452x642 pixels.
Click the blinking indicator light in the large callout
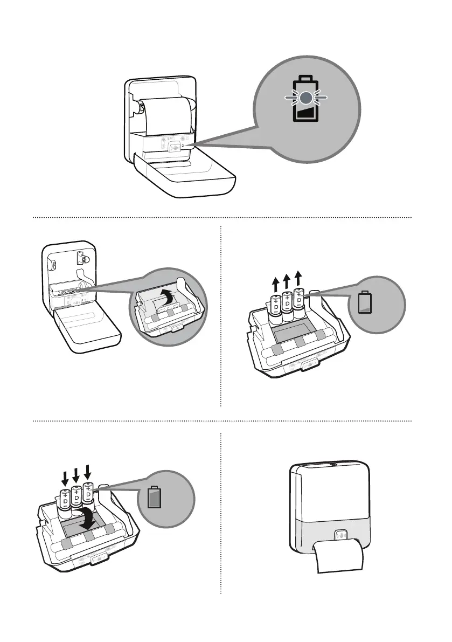click(x=306, y=98)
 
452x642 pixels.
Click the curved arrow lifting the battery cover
click(x=168, y=294)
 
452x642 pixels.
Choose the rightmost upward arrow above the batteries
click(x=299, y=278)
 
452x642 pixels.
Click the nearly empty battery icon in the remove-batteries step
click(x=365, y=302)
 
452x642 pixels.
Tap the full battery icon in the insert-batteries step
click(x=155, y=498)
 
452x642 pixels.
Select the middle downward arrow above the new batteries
click(x=75, y=475)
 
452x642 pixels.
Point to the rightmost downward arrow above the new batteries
click(x=88, y=472)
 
